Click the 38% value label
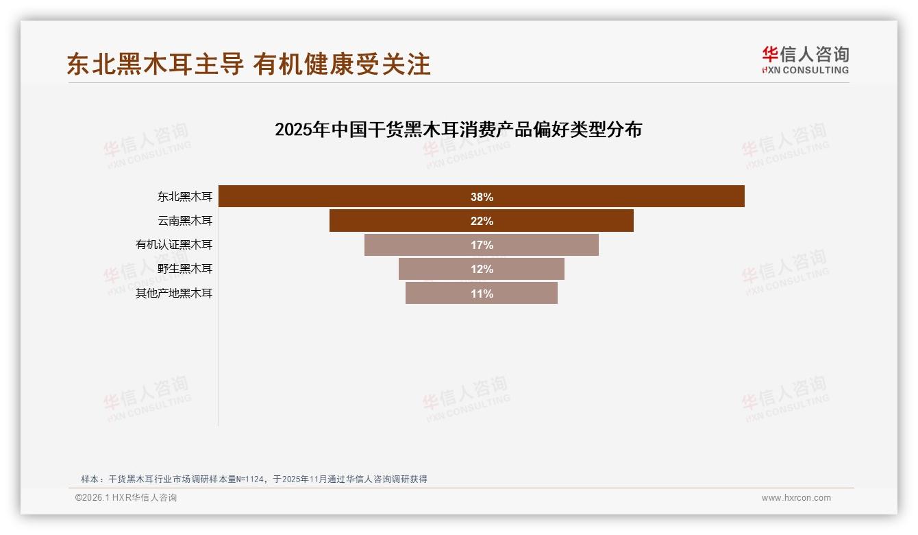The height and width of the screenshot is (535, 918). point(482,197)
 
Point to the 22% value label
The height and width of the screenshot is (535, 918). point(482,221)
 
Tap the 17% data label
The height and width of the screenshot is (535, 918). point(482,245)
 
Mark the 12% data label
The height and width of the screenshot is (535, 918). point(482,269)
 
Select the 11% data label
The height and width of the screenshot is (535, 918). point(482,294)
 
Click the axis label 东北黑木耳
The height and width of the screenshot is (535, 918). point(185,197)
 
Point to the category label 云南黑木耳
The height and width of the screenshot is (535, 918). point(185,221)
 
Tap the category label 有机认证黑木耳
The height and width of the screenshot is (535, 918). point(174,245)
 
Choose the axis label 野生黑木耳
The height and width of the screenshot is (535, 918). point(185,269)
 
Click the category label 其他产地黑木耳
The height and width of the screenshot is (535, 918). point(174,294)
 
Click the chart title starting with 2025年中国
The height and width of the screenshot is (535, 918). point(458,130)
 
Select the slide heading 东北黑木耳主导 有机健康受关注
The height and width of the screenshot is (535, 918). point(249,64)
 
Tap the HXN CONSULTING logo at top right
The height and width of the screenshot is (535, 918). point(805,60)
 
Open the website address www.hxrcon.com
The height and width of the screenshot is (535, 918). point(796,498)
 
